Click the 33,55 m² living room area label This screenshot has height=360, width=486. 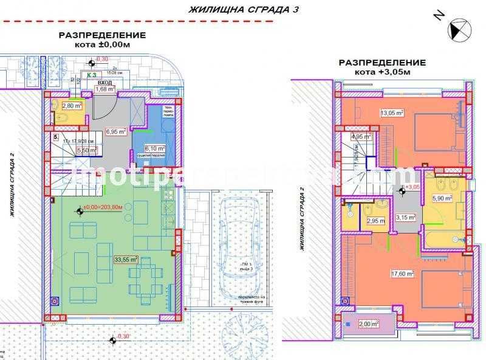[126, 258]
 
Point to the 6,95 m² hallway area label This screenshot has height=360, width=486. [115, 131]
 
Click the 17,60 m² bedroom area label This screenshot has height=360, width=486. [402, 274]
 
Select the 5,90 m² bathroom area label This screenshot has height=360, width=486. [442, 198]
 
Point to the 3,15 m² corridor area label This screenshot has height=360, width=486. [405, 216]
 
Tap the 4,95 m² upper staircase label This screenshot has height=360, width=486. [360, 137]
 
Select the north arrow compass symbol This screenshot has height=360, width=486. [457, 29]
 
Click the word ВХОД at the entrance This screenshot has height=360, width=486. [104, 81]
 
